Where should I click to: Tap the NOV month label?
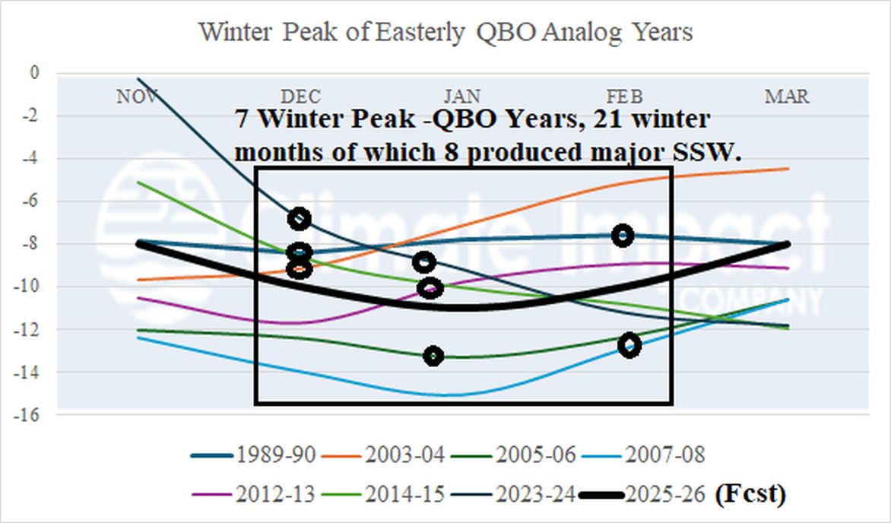pos(138,97)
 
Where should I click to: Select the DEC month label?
pos(301,97)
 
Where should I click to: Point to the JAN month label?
pos(462,97)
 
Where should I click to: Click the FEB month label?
pos(624,97)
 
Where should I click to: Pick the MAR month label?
pos(787,97)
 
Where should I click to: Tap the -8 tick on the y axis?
pos(31,244)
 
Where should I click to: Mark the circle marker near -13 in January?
pos(433,356)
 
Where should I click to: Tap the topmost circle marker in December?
pos(300,219)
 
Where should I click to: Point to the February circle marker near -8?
pos(623,235)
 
